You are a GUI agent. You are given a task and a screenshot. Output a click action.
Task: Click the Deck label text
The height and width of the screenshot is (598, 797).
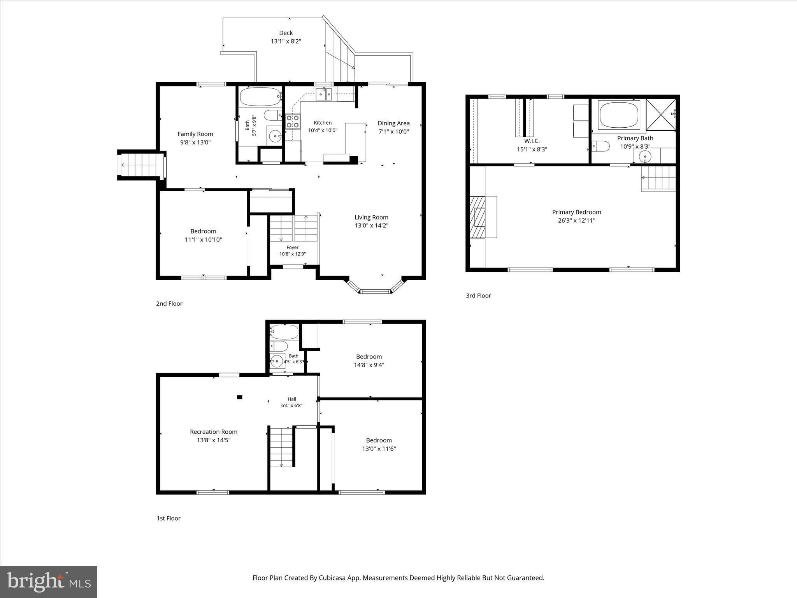coord(286,33)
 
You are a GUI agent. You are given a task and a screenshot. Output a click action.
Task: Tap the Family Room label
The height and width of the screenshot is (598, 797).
coord(195,134)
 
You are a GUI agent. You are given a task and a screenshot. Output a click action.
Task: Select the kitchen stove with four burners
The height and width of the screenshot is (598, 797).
coord(293,121)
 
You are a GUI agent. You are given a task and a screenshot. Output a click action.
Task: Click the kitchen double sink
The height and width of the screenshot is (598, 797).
coord(324,94)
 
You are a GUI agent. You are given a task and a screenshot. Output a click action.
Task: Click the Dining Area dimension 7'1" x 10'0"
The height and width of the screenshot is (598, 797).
coord(393,132)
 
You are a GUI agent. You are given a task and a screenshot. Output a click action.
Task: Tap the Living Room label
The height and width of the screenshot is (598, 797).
coord(371,217)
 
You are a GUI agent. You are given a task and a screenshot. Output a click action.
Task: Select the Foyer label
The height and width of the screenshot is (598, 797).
coord(293,247)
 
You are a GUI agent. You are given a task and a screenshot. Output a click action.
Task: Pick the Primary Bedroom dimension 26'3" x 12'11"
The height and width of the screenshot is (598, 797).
coord(576,220)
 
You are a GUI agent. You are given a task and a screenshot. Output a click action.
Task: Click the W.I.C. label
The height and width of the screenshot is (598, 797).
coord(532,141)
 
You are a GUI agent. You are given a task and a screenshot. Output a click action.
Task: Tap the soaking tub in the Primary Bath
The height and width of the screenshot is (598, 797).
coord(619,115)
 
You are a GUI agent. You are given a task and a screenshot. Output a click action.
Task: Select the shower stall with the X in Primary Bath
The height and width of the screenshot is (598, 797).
coord(661,114)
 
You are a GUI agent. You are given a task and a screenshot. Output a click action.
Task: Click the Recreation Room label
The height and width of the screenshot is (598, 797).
coord(214,432)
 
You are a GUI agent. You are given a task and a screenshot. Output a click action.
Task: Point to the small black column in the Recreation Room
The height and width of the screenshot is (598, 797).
coord(240,397)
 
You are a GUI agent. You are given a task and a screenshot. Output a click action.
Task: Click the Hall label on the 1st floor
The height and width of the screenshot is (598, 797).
coord(292,399)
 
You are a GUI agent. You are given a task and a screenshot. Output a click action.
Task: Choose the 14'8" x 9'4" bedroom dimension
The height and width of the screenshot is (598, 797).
coord(369,365)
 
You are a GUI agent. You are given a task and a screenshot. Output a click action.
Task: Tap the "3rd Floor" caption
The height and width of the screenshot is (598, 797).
coord(478,295)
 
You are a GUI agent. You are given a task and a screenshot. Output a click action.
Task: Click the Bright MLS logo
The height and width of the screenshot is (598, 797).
coord(49,582)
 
